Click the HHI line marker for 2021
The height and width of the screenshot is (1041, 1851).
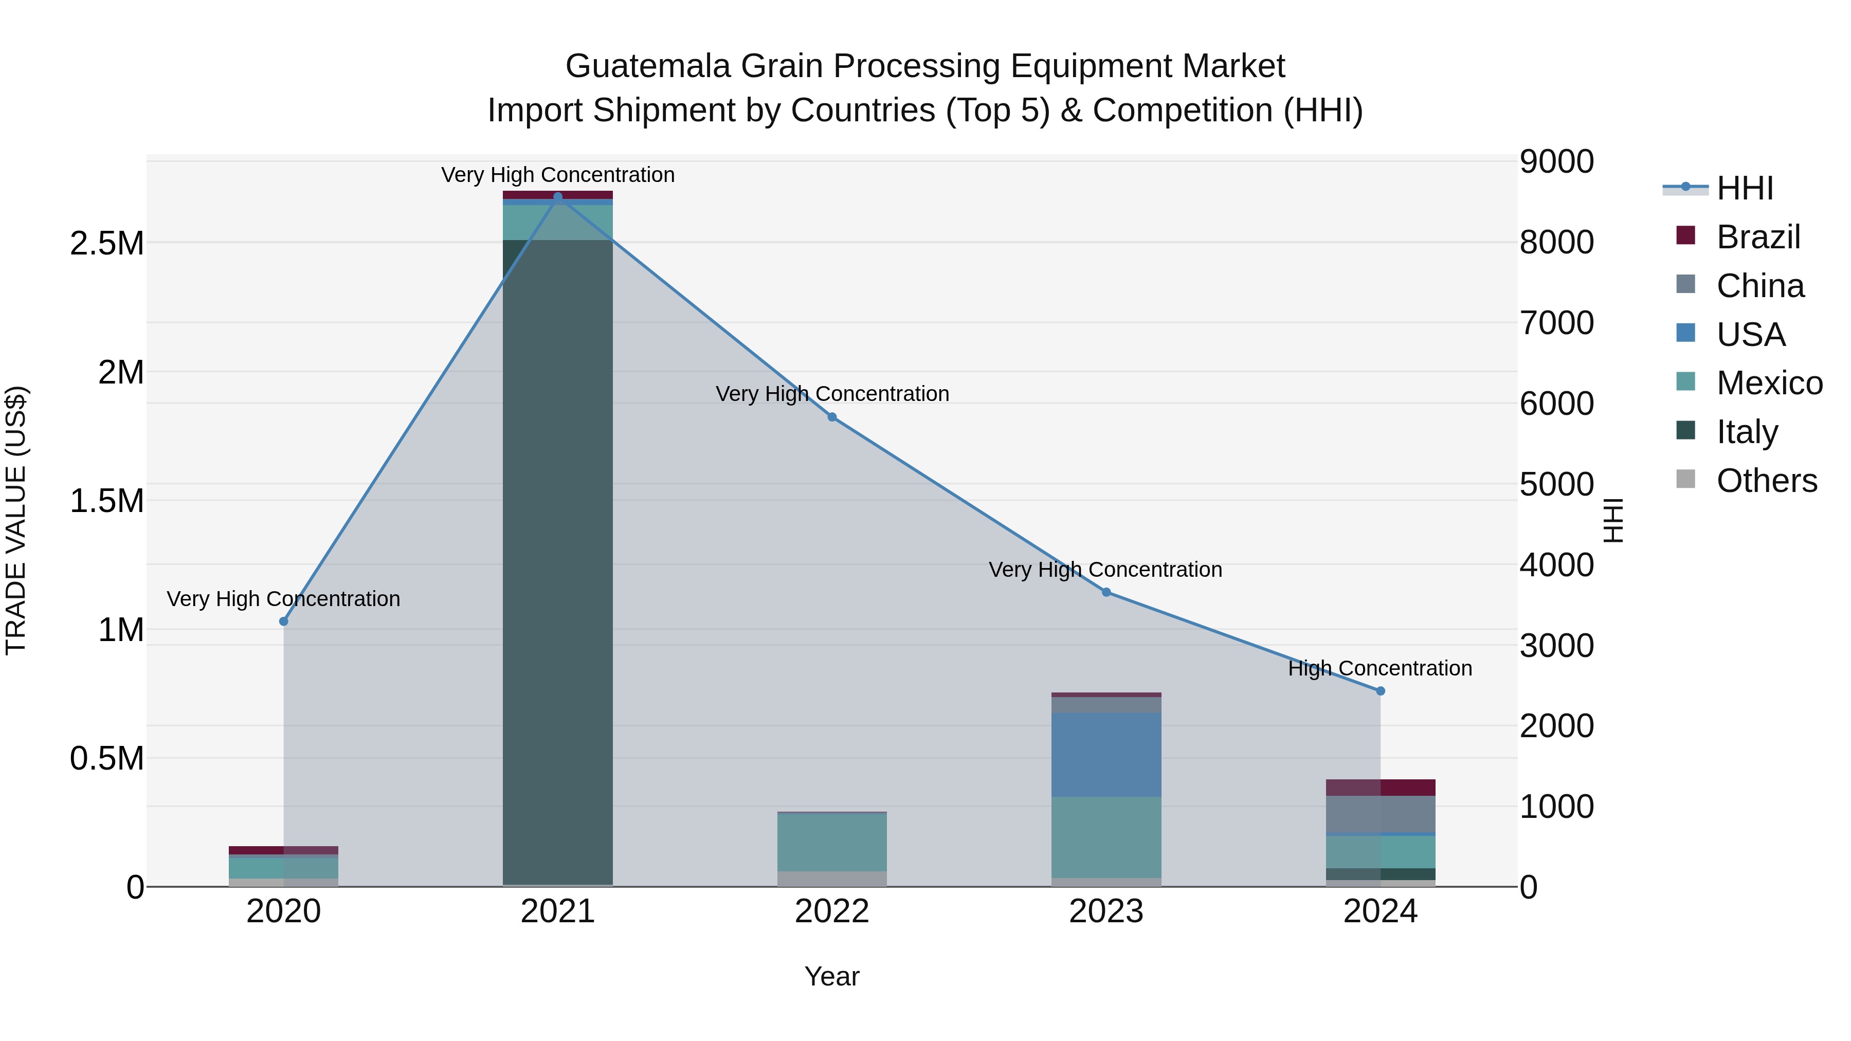(557, 197)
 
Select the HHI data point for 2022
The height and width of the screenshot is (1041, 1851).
(832, 417)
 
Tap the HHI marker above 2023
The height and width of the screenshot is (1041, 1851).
(1106, 592)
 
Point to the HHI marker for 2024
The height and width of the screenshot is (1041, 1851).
(1381, 690)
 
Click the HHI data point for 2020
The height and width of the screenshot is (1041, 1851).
(284, 622)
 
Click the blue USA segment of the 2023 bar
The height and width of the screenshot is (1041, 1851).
(1106, 754)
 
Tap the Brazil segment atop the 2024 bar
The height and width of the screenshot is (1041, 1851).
(1381, 788)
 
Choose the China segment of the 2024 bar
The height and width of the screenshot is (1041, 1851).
(1381, 814)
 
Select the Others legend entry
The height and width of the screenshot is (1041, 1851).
(1766, 481)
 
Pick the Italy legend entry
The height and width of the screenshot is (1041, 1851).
(1747, 432)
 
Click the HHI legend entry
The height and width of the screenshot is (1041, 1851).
(1745, 188)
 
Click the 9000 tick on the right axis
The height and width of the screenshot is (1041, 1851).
(1556, 161)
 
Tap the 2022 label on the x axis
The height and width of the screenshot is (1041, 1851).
(832, 911)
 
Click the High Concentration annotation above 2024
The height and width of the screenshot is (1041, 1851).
(1380, 668)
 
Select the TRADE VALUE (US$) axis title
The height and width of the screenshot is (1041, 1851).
(16, 520)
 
